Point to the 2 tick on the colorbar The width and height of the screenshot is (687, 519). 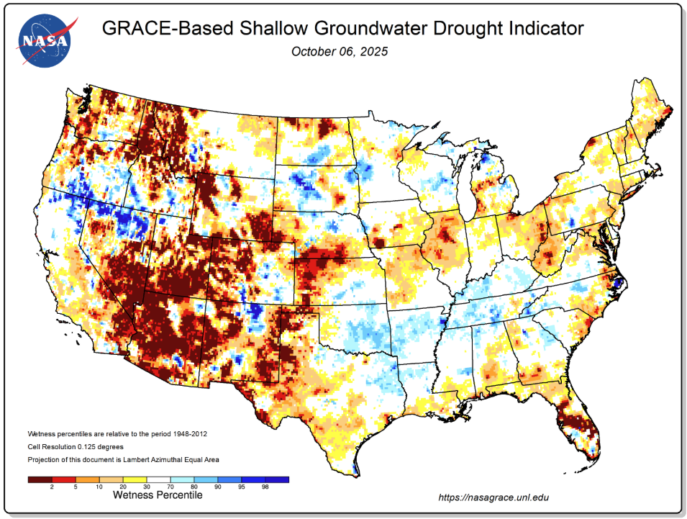(x=52, y=487)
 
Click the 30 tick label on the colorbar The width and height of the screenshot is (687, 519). (x=147, y=487)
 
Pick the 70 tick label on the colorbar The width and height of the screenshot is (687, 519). (x=170, y=487)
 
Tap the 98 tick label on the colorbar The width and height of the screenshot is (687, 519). (x=265, y=487)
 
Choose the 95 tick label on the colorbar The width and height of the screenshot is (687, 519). (x=241, y=487)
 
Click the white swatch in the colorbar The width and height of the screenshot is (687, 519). (x=158, y=479)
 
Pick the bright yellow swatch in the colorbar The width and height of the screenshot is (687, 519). (x=135, y=479)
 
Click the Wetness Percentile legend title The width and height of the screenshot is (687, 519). (x=158, y=495)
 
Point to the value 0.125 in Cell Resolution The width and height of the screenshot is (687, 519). (x=92, y=446)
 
